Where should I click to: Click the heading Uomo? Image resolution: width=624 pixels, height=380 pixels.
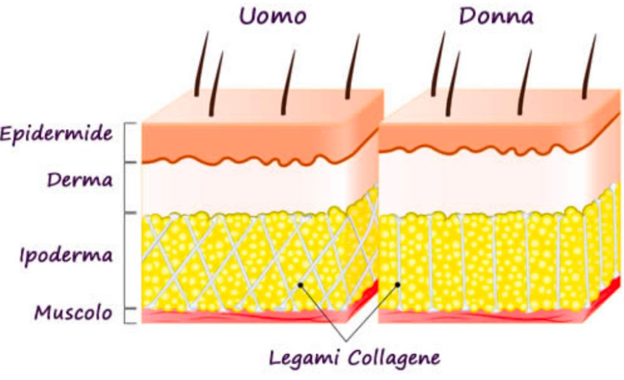273,16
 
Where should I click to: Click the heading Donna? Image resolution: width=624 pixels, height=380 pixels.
496,16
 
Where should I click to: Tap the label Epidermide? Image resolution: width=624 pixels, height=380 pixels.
56,134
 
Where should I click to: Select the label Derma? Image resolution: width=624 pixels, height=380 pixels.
80,180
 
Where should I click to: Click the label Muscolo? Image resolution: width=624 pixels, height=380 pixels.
73,312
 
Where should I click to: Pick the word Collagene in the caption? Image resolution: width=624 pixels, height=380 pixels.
394,359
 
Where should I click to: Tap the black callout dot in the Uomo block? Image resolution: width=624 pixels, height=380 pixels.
301,285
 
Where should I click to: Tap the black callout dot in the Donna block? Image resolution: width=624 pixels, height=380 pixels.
397,285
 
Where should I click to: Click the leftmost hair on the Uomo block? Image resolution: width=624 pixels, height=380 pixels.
201,64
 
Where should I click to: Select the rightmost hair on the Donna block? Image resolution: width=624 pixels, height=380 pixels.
589,66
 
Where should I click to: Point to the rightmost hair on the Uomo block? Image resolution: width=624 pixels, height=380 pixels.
353,66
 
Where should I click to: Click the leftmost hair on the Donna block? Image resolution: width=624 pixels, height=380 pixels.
438,64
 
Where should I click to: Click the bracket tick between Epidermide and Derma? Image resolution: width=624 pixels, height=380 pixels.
130,162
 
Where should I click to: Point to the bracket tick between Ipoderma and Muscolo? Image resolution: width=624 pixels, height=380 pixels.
130,308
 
